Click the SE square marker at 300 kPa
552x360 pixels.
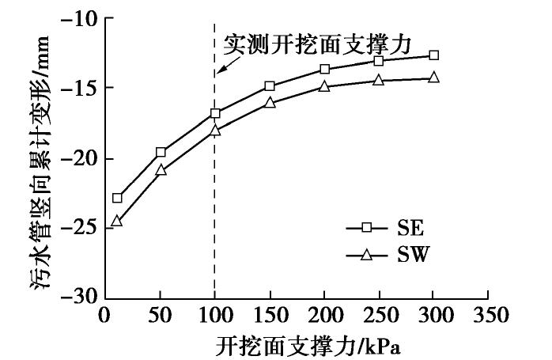433,55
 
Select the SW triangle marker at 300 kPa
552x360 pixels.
433,77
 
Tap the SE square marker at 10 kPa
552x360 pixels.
117,198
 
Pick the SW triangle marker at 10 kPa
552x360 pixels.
117,221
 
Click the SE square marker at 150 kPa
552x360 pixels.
270,86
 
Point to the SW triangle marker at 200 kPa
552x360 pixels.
324,85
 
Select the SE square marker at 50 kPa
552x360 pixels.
161,152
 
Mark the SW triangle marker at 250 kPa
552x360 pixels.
379,79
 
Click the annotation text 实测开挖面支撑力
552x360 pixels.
317,44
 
